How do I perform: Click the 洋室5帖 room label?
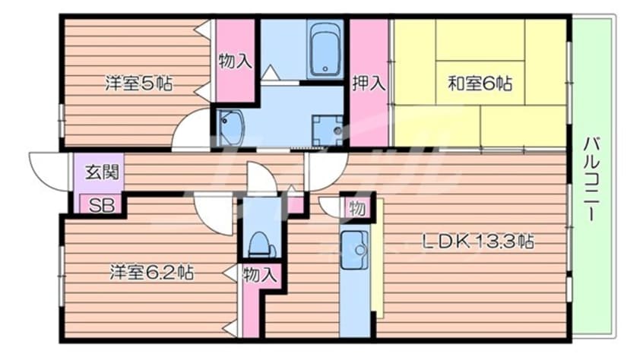tap(138, 83)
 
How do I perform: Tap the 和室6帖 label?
tap(480, 84)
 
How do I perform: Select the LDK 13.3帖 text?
tap(478, 242)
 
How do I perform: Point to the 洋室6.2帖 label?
tap(151, 272)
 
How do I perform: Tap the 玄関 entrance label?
tap(102, 172)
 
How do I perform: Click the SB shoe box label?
tap(102, 205)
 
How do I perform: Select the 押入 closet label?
tap(369, 83)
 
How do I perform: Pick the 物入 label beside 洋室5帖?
tap(235, 62)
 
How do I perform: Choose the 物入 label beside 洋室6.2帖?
tap(260, 274)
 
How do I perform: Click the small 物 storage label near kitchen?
tap(356, 209)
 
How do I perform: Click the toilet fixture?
tap(260, 244)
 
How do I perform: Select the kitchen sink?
tap(354, 250)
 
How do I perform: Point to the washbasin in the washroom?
tap(230, 128)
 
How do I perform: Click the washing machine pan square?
tap(327, 131)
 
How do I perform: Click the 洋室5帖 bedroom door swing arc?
tap(180, 123)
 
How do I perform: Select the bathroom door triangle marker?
tap(269, 73)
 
